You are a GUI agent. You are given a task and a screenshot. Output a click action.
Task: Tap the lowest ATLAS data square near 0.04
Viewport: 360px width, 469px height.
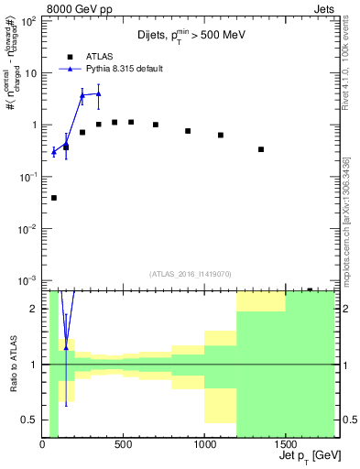click(x=53, y=198)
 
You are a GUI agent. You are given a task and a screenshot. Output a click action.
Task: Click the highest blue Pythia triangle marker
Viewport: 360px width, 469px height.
click(x=99, y=93)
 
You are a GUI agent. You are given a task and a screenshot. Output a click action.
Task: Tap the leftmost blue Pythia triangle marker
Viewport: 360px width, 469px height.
click(x=53, y=152)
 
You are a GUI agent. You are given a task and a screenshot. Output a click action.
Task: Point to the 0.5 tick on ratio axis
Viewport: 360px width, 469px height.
click(x=34, y=420)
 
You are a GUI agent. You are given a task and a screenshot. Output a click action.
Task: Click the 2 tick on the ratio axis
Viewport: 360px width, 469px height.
click(x=36, y=309)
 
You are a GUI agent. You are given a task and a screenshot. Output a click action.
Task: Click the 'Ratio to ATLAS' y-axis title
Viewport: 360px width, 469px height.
click(x=12, y=365)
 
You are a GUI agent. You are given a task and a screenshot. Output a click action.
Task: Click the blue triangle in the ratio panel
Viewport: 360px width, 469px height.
click(x=66, y=349)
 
